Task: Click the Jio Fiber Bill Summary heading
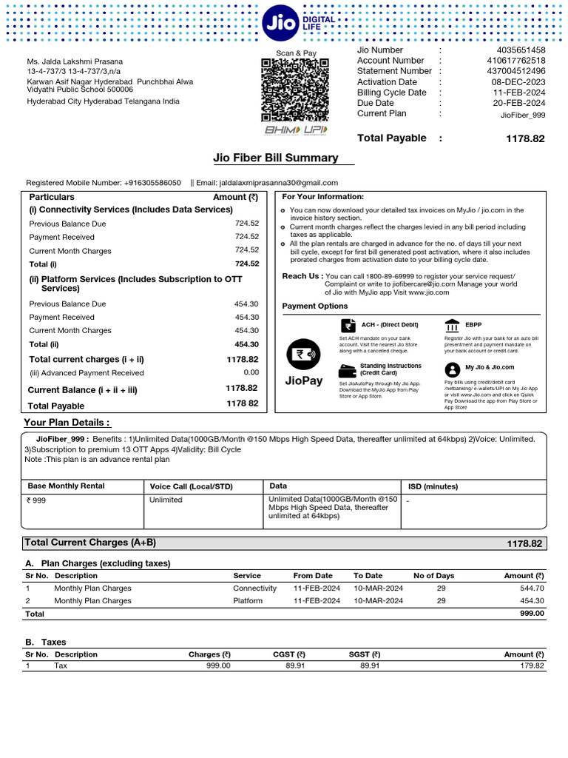click(x=276, y=158)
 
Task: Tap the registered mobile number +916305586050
click(x=152, y=183)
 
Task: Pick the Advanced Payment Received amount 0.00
click(x=251, y=373)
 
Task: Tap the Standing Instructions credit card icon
click(x=347, y=370)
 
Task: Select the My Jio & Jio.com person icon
click(x=452, y=369)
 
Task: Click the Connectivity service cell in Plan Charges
click(x=254, y=588)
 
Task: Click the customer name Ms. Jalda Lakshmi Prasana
click(x=75, y=61)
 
